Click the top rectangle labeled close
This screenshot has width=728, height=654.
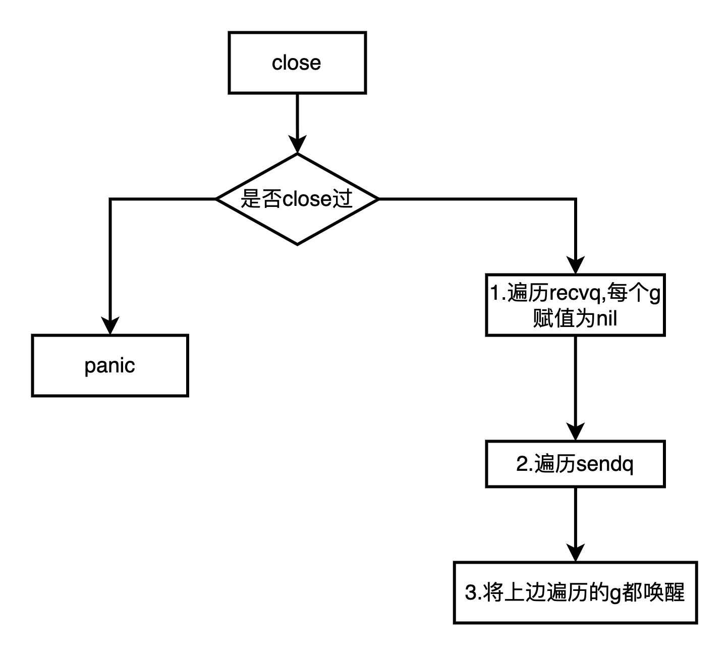(x=297, y=63)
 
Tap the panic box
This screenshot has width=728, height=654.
(x=110, y=365)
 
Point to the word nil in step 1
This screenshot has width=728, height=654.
(x=607, y=319)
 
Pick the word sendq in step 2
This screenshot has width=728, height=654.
(x=605, y=464)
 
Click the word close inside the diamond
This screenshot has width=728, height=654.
(x=307, y=199)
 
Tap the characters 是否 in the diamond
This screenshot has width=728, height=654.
(x=261, y=199)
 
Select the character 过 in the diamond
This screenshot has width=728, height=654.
(x=343, y=199)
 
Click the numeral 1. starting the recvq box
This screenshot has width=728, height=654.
(x=498, y=293)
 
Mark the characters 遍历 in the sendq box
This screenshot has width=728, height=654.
(x=554, y=464)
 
